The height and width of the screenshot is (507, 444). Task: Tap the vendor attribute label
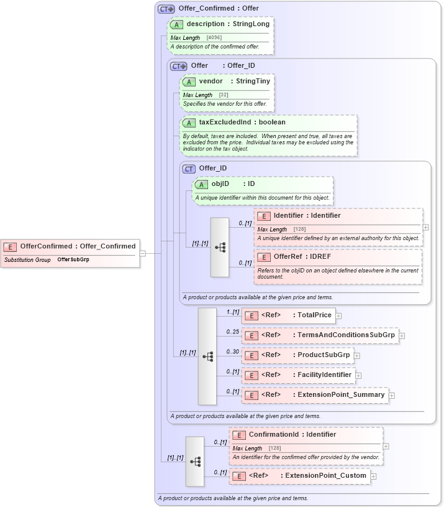click(211, 81)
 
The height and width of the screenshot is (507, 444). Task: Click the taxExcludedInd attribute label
click(225, 123)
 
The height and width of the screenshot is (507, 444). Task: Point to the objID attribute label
click(220, 184)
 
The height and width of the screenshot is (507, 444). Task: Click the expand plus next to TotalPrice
click(338, 316)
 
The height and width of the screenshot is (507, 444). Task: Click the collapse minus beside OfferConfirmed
click(143, 253)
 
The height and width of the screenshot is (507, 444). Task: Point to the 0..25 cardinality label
click(233, 332)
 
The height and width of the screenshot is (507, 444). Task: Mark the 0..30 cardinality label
click(233, 351)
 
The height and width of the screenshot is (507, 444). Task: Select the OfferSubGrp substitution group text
click(73, 259)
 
